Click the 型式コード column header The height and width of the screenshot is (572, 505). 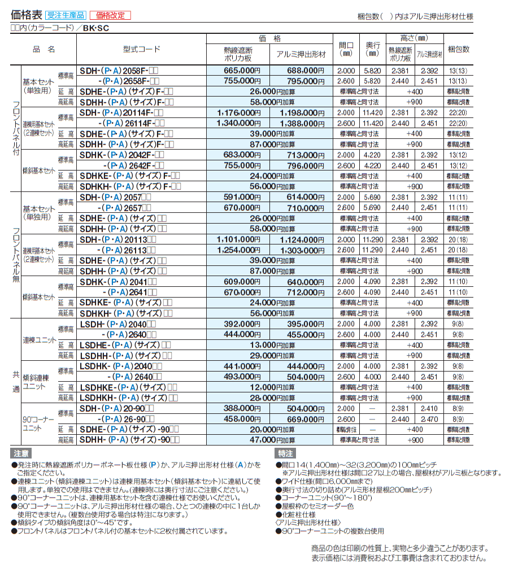(x=141, y=50)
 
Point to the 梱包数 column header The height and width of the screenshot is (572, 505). (x=458, y=50)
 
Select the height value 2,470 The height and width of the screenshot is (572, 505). (x=430, y=419)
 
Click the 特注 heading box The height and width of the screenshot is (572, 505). (x=285, y=453)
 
